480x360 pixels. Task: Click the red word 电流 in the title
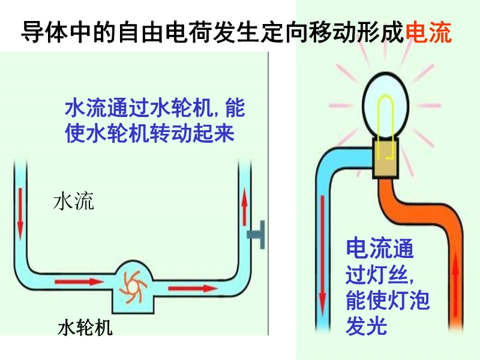click(x=428, y=32)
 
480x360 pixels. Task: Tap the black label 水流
click(x=74, y=202)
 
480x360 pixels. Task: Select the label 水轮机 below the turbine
click(x=85, y=328)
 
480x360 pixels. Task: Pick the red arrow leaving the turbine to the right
click(x=192, y=289)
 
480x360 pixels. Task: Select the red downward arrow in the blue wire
click(x=323, y=252)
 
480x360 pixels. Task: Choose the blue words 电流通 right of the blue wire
click(x=380, y=247)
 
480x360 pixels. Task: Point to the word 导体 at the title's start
click(x=38, y=32)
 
